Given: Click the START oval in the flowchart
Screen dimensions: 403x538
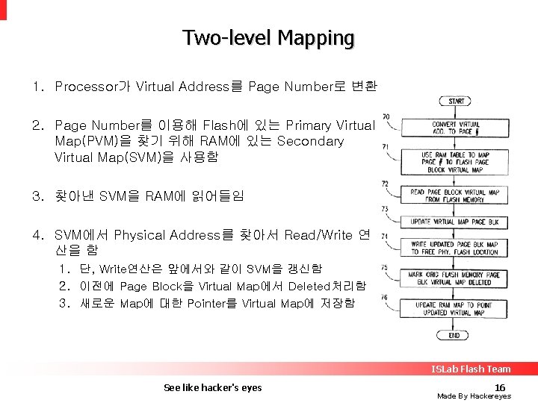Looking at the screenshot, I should (456, 101).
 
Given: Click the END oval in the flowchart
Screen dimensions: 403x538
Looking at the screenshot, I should (454, 336).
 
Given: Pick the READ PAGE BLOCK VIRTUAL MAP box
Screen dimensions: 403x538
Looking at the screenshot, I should (454, 196).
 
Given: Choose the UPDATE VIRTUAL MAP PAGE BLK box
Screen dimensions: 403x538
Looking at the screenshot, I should (454, 222).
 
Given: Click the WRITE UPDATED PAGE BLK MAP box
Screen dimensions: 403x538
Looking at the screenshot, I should (454, 249).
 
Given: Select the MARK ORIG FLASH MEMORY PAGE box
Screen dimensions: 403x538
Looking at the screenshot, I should (454, 278).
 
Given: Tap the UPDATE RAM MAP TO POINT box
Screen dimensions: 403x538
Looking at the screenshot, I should (454, 309).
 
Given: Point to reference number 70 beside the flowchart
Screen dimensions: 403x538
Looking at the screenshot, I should (386, 116).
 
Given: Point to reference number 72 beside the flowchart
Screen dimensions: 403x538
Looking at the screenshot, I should (385, 183).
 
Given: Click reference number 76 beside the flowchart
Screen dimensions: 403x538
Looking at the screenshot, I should (384, 298).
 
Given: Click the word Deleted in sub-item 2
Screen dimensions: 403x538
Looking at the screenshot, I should (308, 286).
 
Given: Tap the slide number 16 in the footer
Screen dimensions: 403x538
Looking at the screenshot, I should (500, 387).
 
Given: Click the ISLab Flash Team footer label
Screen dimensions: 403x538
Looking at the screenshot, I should (470, 369).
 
